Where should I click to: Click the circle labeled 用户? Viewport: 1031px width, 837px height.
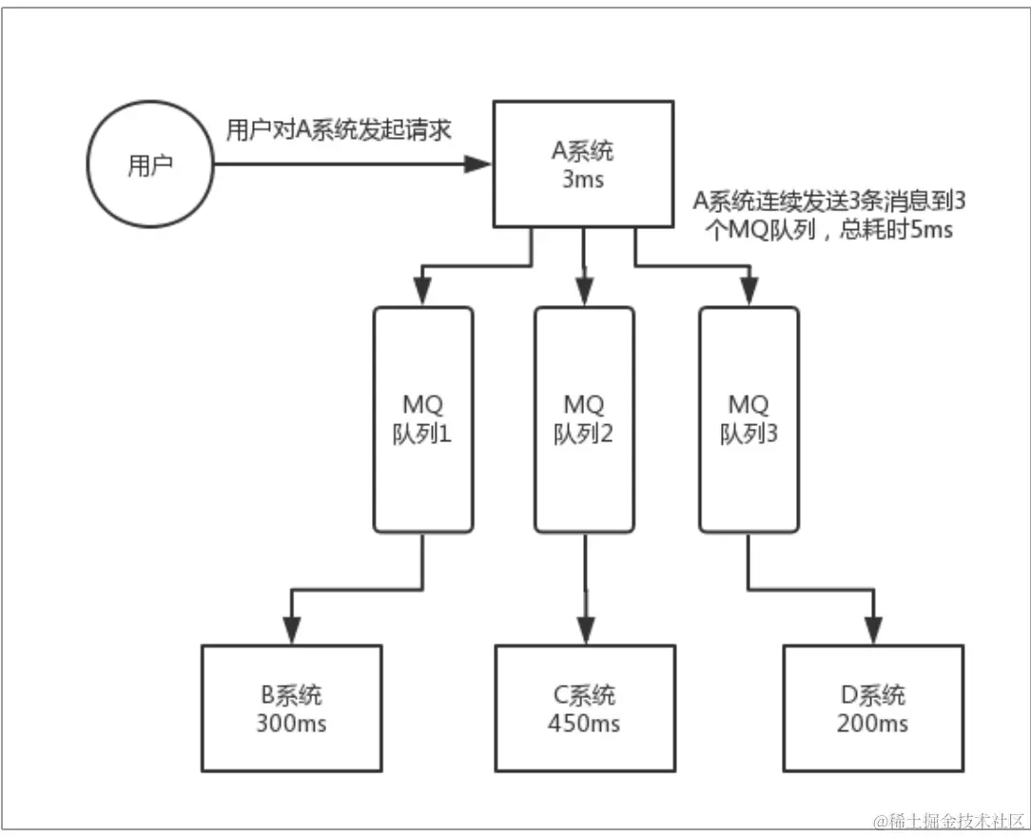tap(151, 165)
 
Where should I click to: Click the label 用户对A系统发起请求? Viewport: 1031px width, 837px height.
tap(338, 130)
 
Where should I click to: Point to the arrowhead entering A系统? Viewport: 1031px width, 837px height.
tap(478, 165)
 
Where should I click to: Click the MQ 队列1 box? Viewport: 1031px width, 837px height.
tap(422, 418)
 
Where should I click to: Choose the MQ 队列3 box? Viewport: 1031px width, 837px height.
tap(749, 418)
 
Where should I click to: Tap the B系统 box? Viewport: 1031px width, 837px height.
tap(291, 708)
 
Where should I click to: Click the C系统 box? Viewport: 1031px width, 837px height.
tap(585, 708)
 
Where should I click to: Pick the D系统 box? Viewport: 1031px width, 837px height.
tap(872, 708)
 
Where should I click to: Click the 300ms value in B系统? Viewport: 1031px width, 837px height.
tap(291, 724)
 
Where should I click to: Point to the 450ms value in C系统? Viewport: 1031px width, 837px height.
tap(585, 724)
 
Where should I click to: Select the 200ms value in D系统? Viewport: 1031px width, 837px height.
tap(872, 724)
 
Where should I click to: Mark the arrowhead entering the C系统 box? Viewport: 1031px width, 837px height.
tap(585, 631)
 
